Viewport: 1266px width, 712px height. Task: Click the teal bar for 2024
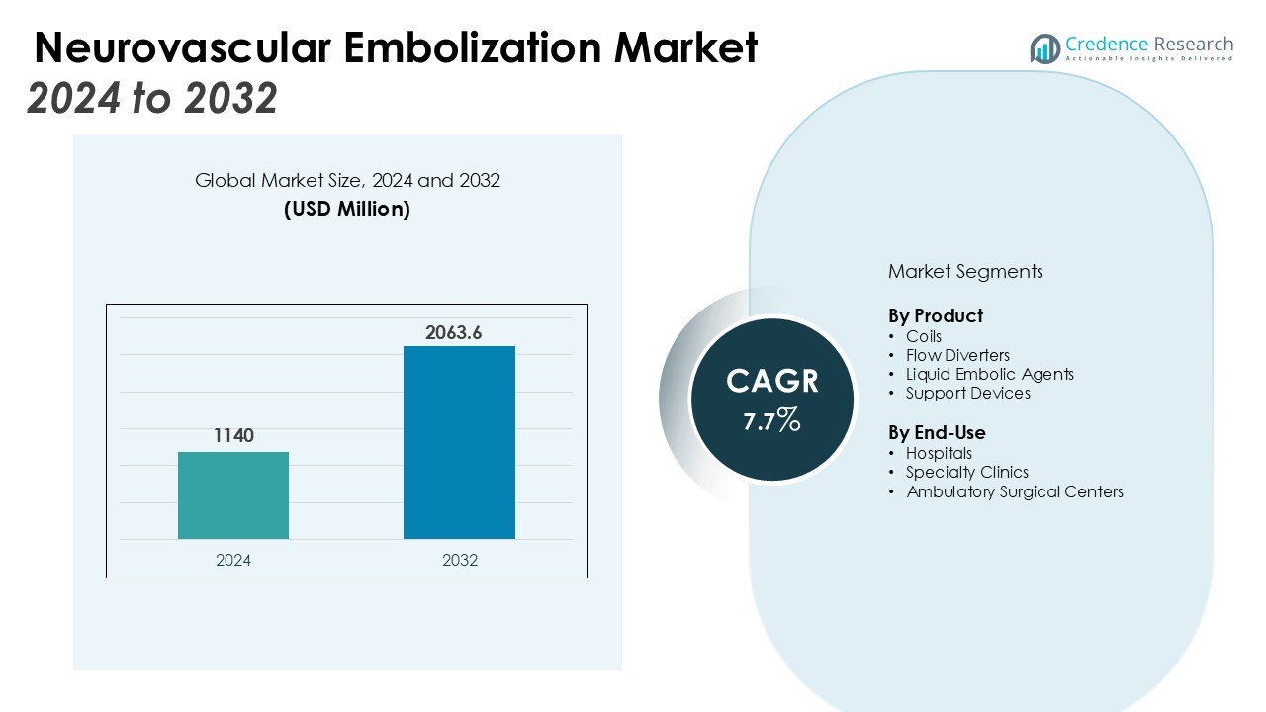point(233,495)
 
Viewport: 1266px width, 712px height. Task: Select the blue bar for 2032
point(459,442)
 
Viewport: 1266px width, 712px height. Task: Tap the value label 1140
point(233,435)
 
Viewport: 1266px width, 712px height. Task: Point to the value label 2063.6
point(453,333)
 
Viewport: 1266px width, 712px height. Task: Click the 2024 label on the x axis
point(233,560)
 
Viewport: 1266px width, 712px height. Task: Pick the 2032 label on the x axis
point(460,560)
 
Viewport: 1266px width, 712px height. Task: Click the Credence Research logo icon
point(1044,48)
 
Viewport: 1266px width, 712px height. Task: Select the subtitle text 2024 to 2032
point(152,98)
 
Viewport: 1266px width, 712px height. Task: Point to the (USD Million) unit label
point(347,209)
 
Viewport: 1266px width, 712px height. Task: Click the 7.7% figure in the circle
point(771,421)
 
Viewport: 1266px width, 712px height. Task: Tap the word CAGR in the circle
point(771,382)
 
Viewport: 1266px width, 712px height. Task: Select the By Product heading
point(936,316)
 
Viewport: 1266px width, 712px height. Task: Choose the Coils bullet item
point(924,336)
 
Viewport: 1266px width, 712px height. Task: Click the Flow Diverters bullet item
point(957,355)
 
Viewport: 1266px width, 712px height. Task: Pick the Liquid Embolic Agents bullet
point(989,374)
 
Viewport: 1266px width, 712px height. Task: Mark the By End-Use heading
point(937,433)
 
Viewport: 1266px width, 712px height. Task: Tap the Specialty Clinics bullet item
point(966,472)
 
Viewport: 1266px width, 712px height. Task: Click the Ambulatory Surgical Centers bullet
point(1015,491)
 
